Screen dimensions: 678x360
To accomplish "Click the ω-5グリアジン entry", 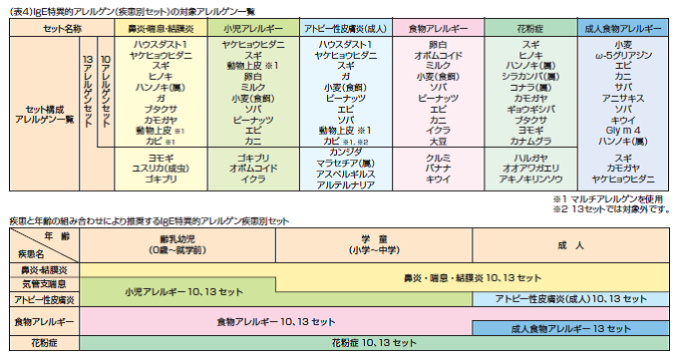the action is pyautogui.click(x=623, y=55).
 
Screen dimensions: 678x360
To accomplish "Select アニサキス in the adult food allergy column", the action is pyautogui.click(x=623, y=97).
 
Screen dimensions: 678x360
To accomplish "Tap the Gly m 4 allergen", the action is pyautogui.click(x=623, y=130).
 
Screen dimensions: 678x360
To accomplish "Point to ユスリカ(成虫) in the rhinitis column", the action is pyautogui.click(x=162, y=168).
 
